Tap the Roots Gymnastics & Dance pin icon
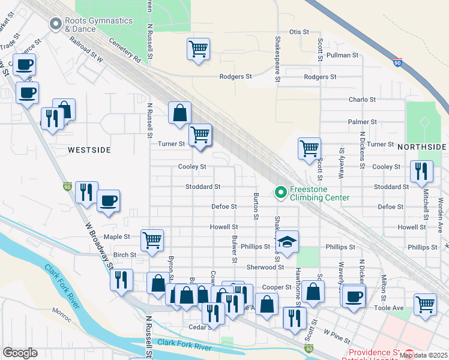[x=56, y=24]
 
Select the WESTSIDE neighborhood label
[x=89, y=149]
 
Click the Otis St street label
[x=298, y=32]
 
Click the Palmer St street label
[x=362, y=122]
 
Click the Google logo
[x=20, y=353]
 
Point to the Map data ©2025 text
[x=423, y=355]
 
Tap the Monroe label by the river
[x=61, y=311]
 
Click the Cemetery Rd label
[x=125, y=52]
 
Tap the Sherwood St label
[x=265, y=267]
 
